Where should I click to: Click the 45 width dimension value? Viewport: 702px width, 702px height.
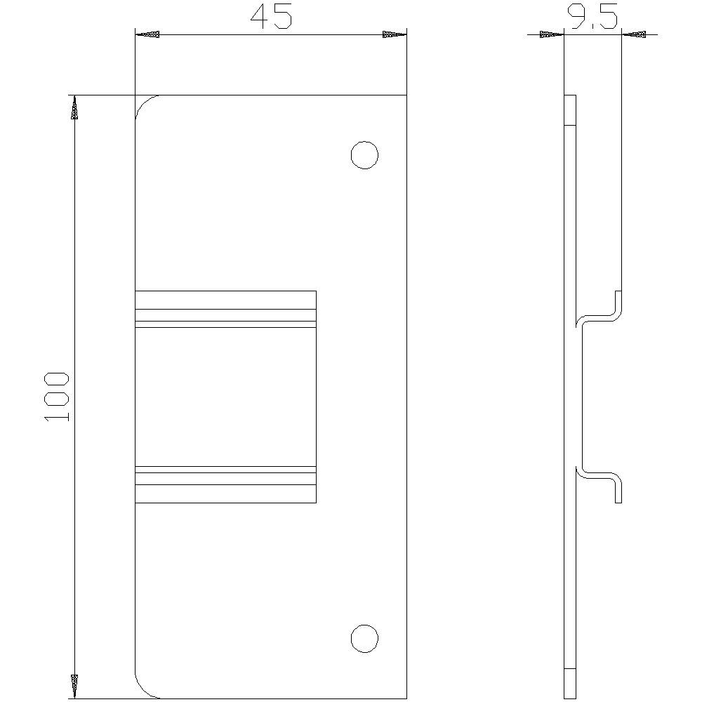click(x=270, y=18)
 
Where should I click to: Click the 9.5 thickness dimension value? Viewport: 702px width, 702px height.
click(x=593, y=18)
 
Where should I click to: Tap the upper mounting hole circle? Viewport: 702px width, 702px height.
click(x=364, y=155)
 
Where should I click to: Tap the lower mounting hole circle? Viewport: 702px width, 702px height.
click(x=364, y=638)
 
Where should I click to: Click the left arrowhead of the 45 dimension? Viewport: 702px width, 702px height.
click(x=147, y=34)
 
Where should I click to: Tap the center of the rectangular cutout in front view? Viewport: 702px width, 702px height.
click(x=225, y=397)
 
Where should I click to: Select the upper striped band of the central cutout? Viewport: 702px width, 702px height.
click(x=225, y=316)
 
